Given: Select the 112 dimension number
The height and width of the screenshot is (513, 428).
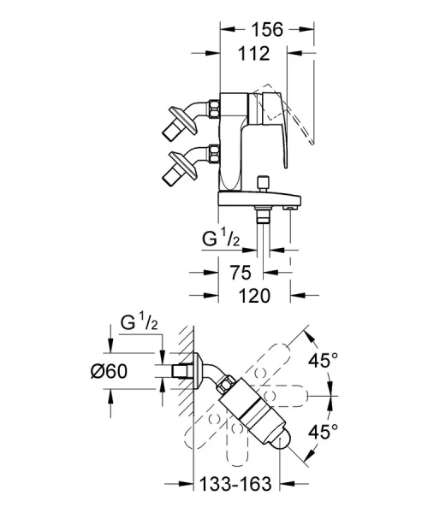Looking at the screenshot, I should [x=254, y=54].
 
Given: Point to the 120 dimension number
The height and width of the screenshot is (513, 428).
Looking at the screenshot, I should [x=254, y=297].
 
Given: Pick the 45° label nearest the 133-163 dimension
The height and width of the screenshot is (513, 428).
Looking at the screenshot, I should [x=324, y=432].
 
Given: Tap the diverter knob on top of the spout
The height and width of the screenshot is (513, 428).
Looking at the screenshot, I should [x=263, y=183].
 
